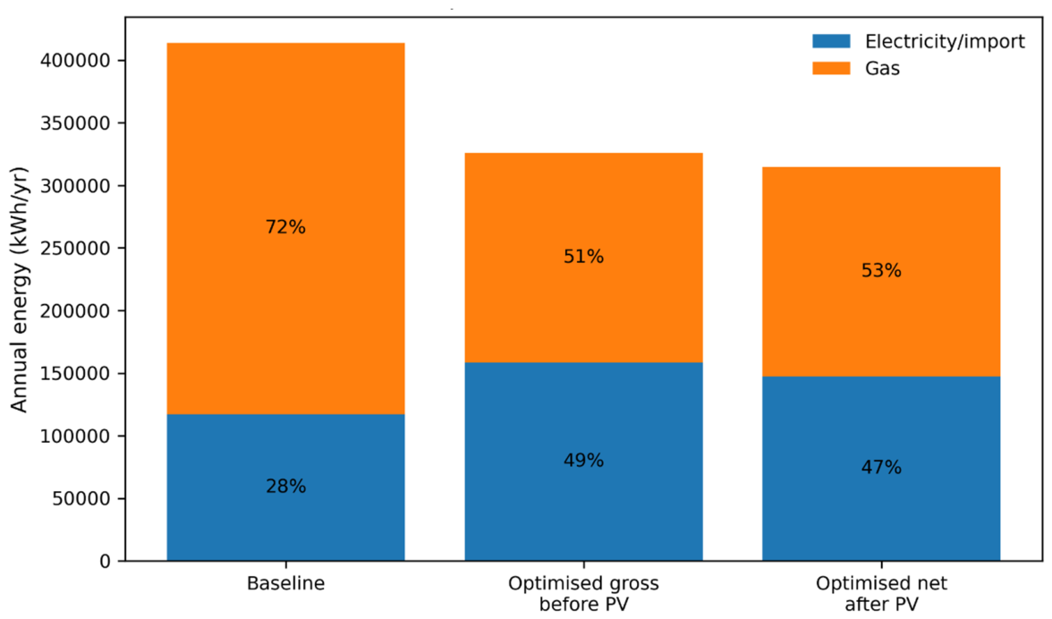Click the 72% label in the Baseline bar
[x=286, y=227]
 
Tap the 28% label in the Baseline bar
[x=286, y=487]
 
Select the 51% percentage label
[x=583, y=257]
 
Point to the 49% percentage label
[x=583, y=461]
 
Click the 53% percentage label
[x=882, y=270]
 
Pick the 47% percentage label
[x=882, y=468]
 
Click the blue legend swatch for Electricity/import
[x=831, y=41]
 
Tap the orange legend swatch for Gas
[x=831, y=68]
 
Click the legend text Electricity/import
[x=945, y=42]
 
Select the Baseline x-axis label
[x=286, y=583]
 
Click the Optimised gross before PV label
[x=583, y=594]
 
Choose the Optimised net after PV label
[x=882, y=594]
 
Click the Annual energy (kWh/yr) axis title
[x=19, y=290]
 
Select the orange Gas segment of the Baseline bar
[x=286, y=229]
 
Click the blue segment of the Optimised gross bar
[x=583, y=462]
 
